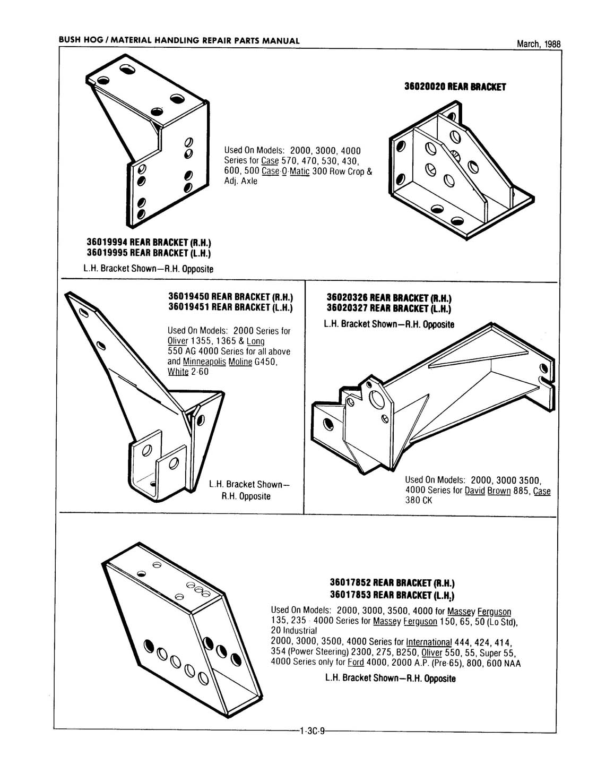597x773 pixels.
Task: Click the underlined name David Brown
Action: pyautogui.click(x=487, y=491)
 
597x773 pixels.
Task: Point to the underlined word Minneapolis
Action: pyautogui.click(x=204, y=362)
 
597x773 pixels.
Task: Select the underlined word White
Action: pyautogui.click(x=178, y=372)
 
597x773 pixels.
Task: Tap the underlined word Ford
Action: pyautogui.click(x=355, y=663)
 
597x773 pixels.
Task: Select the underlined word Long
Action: pyautogui.click(x=255, y=341)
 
